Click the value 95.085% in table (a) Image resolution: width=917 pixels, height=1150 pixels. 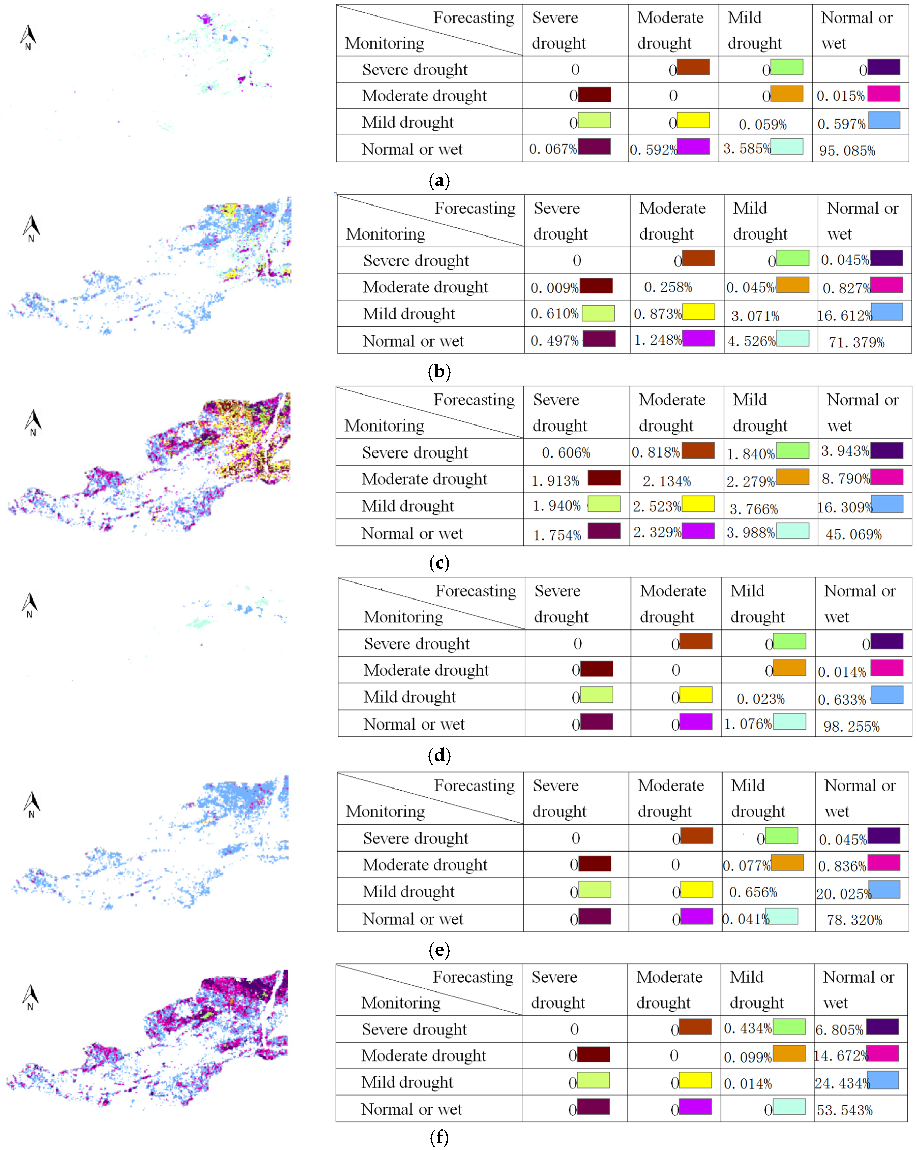[x=847, y=150]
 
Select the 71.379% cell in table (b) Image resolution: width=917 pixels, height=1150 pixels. [x=856, y=342]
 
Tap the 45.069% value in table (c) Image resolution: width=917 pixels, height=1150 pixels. [x=853, y=534]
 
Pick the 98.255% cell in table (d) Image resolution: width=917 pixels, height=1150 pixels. [x=851, y=726]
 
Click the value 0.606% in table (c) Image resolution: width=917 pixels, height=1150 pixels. [x=566, y=453]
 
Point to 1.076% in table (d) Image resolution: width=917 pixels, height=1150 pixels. [x=748, y=724]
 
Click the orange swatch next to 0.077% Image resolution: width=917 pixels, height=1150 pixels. [x=787, y=862]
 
